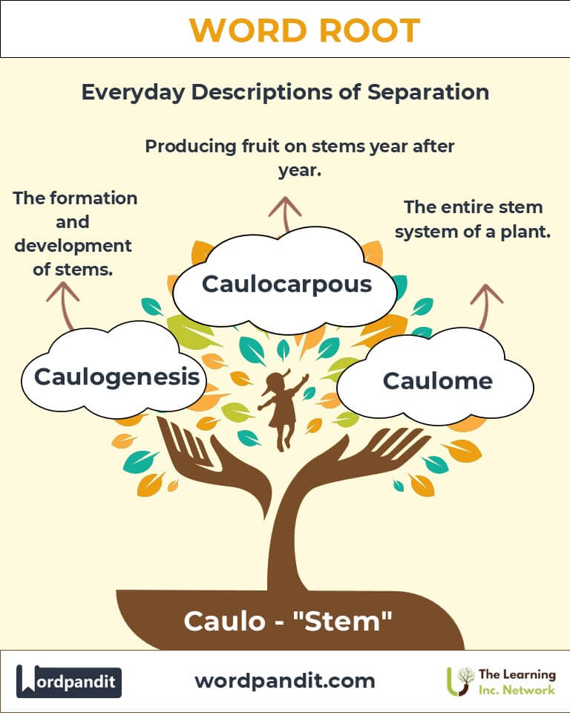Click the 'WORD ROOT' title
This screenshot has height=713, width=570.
point(304,30)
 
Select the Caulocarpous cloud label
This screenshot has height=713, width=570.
point(286,284)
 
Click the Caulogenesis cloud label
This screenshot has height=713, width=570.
point(117,377)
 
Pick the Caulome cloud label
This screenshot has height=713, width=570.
point(437,381)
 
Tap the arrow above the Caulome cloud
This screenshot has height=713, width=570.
point(487,304)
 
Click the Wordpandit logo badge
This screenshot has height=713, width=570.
point(69,680)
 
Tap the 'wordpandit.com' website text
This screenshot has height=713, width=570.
point(285,680)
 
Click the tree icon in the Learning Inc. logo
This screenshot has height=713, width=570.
point(465,680)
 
